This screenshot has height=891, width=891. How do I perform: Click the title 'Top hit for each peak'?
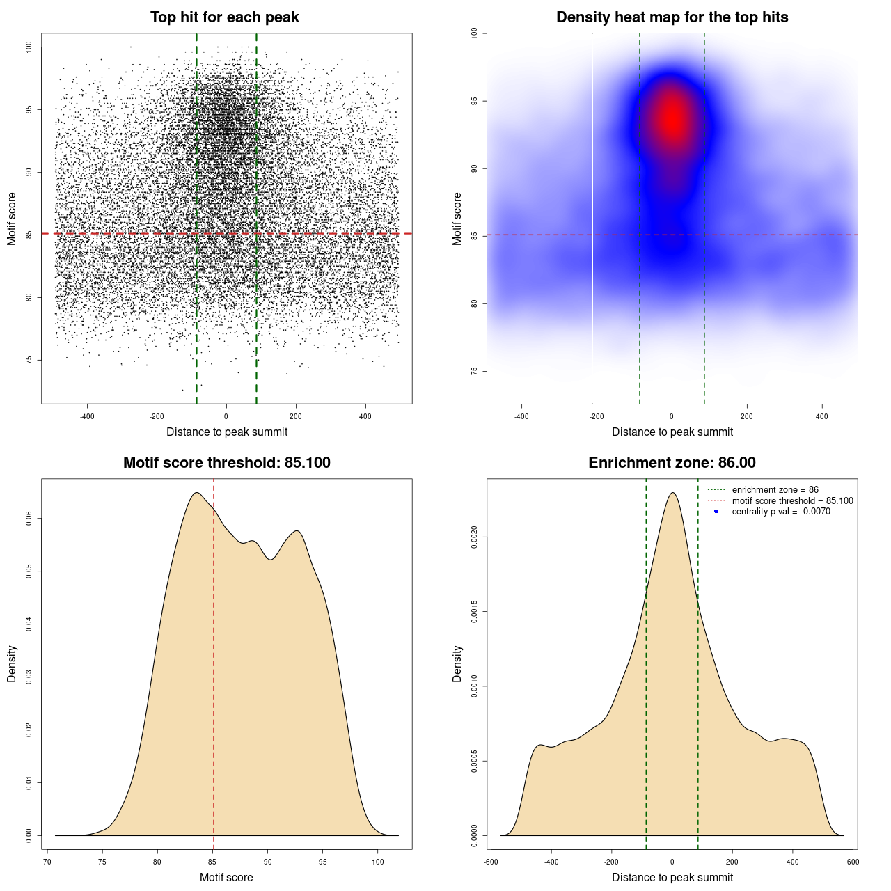click(x=225, y=17)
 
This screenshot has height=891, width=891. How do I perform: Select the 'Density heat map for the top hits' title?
click(x=672, y=17)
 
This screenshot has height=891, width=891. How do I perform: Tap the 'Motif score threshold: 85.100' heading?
click(x=226, y=463)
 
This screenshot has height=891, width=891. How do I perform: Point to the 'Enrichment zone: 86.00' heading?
click(x=672, y=463)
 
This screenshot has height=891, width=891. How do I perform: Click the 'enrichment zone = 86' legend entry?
click(x=775, y=490)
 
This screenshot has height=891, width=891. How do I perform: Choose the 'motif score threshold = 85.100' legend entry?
click(x=792, y=500)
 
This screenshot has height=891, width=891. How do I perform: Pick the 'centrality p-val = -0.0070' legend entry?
click(x=781, y=512)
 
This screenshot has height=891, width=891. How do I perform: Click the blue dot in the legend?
click(x=716, y=512)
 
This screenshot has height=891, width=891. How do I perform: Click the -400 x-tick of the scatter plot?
click(x=87, y=417)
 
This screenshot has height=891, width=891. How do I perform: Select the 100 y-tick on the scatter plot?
click(x=29, y=47)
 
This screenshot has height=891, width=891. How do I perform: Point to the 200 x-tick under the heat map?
click(x=747, y=417)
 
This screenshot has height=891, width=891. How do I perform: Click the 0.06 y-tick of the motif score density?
click(x=29, y=519)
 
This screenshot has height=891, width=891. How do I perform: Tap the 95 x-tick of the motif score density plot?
click(x=322, y=862)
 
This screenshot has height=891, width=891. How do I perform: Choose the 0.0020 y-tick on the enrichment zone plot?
click(x=474, y=537)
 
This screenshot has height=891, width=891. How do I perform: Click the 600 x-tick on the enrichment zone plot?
click(x=853, y=862)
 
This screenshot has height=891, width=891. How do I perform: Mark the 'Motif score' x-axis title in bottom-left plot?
click(x=226, y=877)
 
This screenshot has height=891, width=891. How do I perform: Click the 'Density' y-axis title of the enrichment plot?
click(x=457, y=663)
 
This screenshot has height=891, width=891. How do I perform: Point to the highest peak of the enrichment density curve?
click(x=672, y=493)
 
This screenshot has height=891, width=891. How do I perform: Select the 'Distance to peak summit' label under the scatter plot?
click(x=227, y=432)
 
